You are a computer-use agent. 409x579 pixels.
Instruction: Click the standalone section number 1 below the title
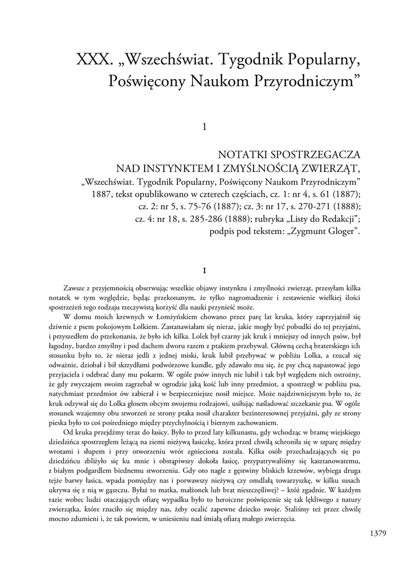pyautogui.click(x=204, y=128)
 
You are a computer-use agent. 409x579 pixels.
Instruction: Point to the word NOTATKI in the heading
pyautogui.click(x=240, y=154)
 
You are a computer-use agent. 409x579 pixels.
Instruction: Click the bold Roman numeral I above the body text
pyautogui.click(x=204, y=270)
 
